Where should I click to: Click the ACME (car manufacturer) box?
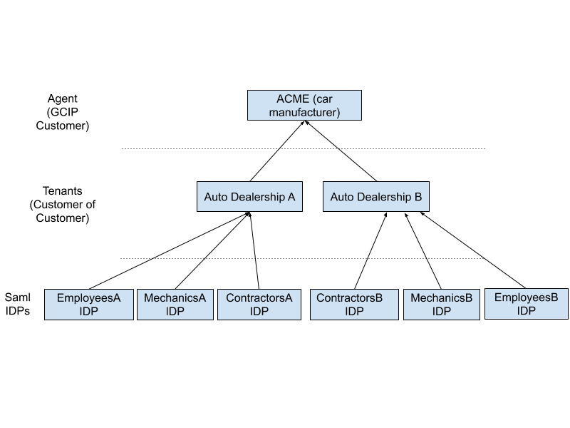point(304,105)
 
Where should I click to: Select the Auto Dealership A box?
point(249,196)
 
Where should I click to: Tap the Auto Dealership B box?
point(376,196)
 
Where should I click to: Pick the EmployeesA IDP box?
point(89,305)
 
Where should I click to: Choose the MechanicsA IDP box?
point(175,305)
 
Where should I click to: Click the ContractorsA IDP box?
point(259,305)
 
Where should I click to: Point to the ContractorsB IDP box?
point(354,305)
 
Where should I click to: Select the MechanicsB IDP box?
point(442,305)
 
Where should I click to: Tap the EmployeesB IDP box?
point(527,304)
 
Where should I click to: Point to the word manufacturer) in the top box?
point(304,112)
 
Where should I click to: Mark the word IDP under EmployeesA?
point(89,312)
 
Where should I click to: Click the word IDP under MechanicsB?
point(442,312)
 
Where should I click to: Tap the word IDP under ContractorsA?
point(259,312)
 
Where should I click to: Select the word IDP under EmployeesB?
point(527,311)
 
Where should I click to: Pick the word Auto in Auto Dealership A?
point(216,197)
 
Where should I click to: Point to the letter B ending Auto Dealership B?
point(418,197)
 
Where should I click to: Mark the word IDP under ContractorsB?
point(354,312)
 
